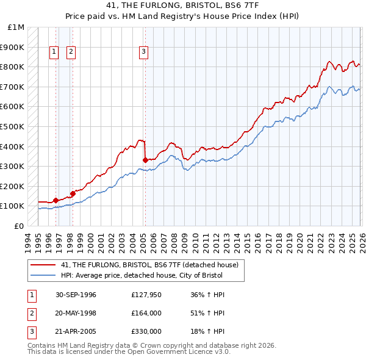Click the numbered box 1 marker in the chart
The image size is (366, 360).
pos(54,52)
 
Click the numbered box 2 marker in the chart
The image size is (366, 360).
pos(71,52)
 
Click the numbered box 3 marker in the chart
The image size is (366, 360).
pos(143,52)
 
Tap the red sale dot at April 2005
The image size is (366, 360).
pos(145,160)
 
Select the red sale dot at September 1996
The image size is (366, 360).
pos(56,200)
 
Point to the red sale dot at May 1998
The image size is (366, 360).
pos(73,193)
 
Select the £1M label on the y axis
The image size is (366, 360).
pos(16,27)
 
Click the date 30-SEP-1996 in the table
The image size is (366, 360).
pos(75,295)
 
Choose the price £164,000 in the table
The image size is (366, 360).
pos(146,314)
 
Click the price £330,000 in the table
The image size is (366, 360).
pos(146,333)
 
